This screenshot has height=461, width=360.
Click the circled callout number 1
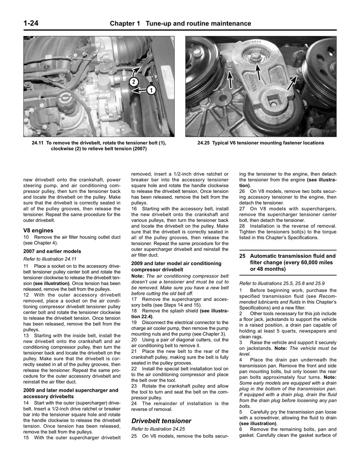tap(151, 90)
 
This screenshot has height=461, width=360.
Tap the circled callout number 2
tap(134, 81)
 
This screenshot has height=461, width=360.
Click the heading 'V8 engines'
tap(38, 230)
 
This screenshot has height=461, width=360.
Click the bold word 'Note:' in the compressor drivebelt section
tap(138, 276)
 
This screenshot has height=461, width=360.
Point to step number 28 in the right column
tap(242, 226)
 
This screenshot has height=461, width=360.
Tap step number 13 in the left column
tap(26, 335)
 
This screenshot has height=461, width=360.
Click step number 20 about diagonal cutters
tap(134, 339)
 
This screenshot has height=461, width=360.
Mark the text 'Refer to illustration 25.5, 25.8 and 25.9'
tap(282, 283)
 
